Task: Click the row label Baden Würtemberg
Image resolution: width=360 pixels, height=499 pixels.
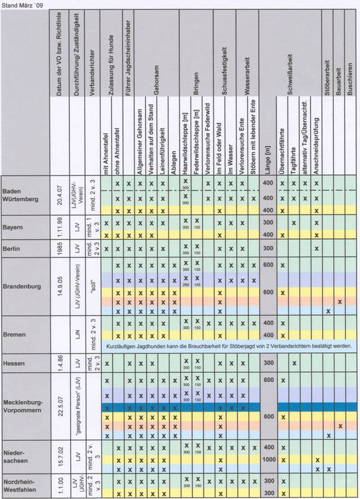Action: [x=21, y=195]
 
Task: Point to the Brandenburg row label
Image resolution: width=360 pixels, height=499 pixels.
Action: [x=22, y=286]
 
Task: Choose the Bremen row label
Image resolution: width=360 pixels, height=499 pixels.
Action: [x=14, y=335]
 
